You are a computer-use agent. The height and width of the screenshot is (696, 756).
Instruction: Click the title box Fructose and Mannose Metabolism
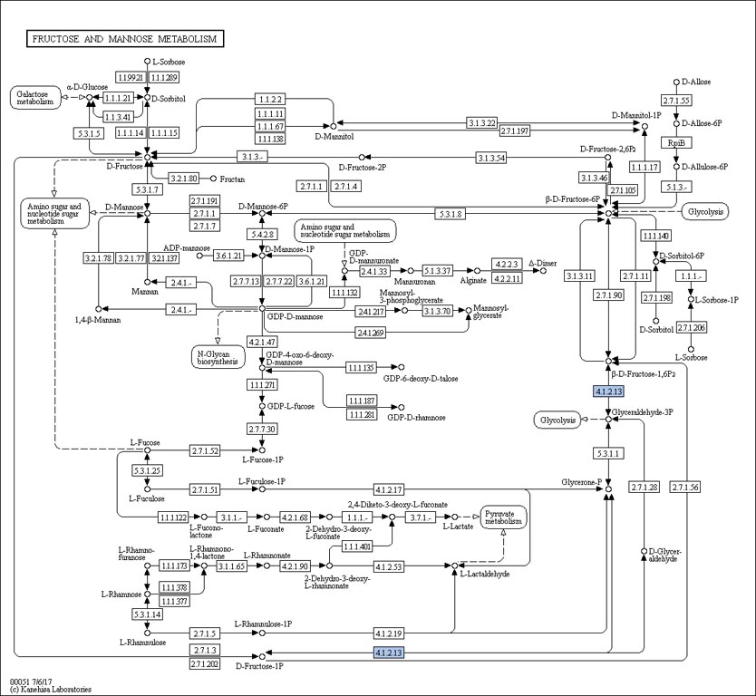(125, 39)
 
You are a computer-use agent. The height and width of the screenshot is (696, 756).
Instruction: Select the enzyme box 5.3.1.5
(89, 133)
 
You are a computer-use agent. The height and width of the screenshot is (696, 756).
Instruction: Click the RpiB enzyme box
(675, 143)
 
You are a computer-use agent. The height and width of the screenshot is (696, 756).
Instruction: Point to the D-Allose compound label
(697, 82)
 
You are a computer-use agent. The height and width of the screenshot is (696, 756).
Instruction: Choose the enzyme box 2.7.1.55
(676, 101)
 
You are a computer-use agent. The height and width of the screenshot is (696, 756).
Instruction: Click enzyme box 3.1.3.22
(481, 123)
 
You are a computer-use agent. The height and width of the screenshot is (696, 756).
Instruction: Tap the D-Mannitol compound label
(332, 137)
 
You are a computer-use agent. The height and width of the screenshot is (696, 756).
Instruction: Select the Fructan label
(232, 179)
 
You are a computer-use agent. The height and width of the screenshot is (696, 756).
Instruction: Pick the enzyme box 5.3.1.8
(451, 214)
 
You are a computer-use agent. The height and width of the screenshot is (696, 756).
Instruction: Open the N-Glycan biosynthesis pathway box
(218, 356)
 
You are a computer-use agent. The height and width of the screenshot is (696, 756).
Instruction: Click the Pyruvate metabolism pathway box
(503, 517)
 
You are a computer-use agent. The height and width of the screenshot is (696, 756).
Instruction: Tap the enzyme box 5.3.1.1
(607, 452)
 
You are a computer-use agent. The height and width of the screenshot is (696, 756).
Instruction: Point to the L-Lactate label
(459, 526)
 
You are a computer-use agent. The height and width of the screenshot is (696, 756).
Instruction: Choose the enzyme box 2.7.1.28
(644, 488)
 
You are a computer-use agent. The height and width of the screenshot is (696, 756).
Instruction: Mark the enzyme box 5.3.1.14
(146, 614)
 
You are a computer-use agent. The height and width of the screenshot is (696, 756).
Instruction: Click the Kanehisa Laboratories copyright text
(51, 690)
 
